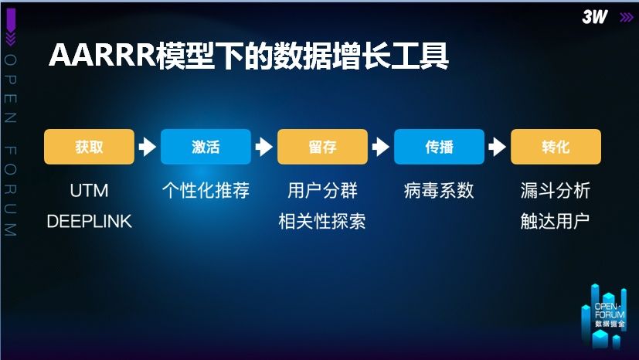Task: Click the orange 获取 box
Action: click(x=89, y=147)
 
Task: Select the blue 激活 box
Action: click(x=206, y=147)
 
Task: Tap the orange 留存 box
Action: click(x=322, y=147)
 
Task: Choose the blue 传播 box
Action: click(x=439, y=147)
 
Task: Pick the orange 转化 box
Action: click(x=556, y=147)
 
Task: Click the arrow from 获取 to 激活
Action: click(x=147, y=147)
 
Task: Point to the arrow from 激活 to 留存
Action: click(x=263, y=147)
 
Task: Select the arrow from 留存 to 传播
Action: click(x=380, y=147)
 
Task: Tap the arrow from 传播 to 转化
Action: click(x=497, y=147)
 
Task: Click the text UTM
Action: click(x=89, y=191)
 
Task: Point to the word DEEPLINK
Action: click(x=89, y=222)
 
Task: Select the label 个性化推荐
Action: click(x=206, y=191)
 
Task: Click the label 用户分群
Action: click(x=322, y=191)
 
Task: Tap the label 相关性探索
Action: click(x=322, y=222)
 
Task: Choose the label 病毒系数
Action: click(x=439, y=191)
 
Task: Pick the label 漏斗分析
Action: click(x=556, y=191)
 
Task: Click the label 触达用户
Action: click(x=556, y=222)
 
